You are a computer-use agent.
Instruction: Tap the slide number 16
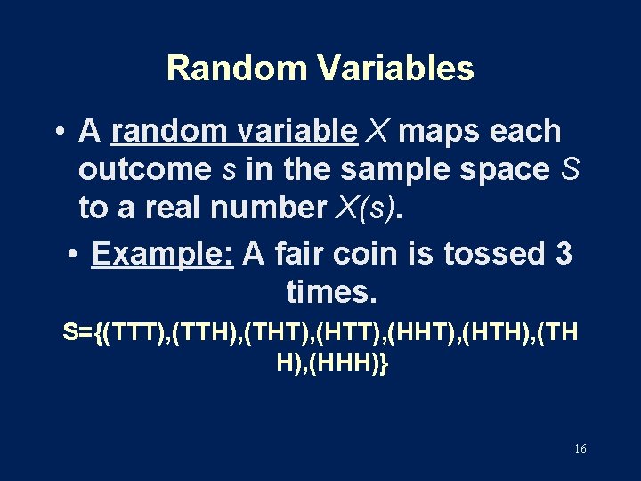point(580,450)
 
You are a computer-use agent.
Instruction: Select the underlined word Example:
point(162,254)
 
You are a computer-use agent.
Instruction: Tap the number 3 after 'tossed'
point(564,254)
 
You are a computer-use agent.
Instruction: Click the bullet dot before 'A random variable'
point(58,132)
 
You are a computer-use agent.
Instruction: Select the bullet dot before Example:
point(74,255)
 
